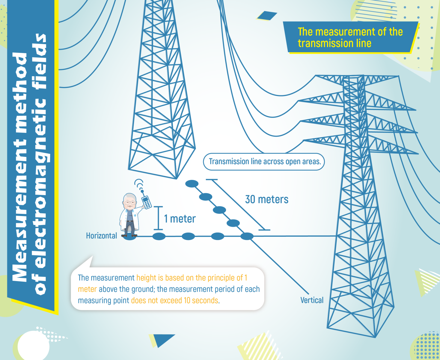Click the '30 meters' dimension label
click(267, 199)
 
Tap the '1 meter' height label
click(180, 219)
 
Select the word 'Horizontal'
click(101, 236)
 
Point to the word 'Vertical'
click(312, 300)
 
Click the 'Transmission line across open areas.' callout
click(264, 162)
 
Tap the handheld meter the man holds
click(147, 202)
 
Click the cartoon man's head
click(129, 201)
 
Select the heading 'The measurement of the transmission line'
click(350, 37)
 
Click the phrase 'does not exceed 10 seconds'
click(175, 301)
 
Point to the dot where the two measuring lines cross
click(247, 236)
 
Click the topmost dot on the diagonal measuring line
click(192, 184)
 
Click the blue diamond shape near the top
click(267, 16)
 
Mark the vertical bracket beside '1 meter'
click(158, 218)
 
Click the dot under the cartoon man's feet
click(129, 237)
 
